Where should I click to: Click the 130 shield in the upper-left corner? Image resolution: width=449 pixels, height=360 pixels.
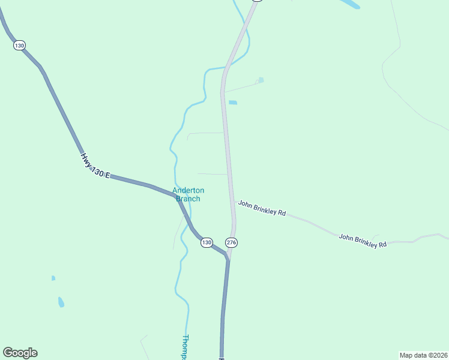[19, 46]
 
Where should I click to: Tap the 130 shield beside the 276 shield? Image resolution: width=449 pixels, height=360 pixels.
[206, 242]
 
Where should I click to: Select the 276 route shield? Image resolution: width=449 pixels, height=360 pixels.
[232, 242]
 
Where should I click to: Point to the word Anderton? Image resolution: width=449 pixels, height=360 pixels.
[188, 191]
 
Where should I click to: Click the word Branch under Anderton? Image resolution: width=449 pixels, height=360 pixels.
[188, 199]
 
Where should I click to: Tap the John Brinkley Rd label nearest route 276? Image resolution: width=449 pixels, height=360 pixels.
[262, 208]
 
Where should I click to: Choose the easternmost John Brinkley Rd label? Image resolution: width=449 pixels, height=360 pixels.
[362, 241]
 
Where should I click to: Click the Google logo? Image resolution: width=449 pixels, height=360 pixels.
[20, 353]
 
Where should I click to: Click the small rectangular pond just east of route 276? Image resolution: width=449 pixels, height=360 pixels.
[233, 103]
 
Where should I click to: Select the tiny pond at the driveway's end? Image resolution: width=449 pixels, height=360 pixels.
[260, 80]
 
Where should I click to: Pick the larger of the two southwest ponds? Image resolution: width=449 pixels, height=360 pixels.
[61, 302]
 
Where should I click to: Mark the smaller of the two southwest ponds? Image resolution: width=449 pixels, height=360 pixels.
[53, 278]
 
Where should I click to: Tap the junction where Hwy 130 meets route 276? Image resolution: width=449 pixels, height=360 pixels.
[229, 258]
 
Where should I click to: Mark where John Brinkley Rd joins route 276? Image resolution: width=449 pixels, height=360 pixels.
[234, 202]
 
